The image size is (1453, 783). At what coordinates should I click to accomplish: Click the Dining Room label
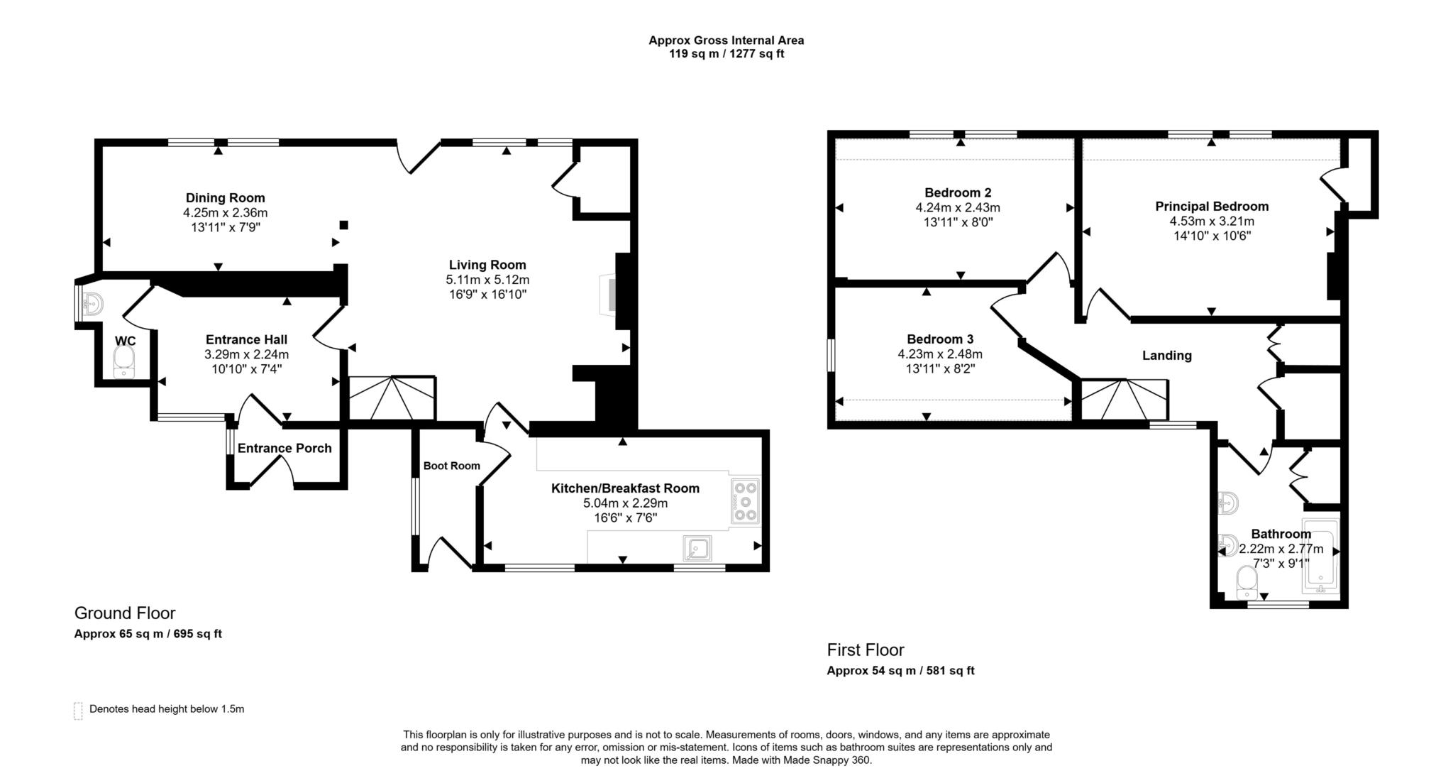[225, 198]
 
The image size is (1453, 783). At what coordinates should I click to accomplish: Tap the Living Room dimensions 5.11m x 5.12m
[487, 280]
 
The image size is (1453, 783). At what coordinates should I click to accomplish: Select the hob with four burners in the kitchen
[745, 501]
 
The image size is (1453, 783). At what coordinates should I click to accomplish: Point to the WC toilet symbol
[124, 362]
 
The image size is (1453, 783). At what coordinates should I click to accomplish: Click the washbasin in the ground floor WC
[92, 305]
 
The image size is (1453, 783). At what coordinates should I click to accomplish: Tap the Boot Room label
[451, 466]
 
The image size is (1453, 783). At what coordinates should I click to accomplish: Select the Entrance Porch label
[284, 448]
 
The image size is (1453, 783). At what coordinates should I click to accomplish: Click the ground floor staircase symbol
[392, 398]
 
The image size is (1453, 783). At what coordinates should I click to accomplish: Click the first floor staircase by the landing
[1124, 400]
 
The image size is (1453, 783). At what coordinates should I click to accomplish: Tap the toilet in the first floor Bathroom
[1247, 583]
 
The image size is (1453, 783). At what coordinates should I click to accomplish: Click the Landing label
[1166, 356]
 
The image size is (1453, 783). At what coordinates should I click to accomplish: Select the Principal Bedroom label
[1211, 207]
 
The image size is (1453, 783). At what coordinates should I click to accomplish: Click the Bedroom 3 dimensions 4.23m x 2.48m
[939, 354]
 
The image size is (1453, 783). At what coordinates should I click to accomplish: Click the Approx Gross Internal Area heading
[726, 40]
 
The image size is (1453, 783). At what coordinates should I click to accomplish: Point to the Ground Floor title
[125, 613]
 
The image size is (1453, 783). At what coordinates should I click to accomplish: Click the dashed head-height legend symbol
[78, 711]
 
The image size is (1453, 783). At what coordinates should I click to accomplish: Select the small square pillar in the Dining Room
[343, 225]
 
